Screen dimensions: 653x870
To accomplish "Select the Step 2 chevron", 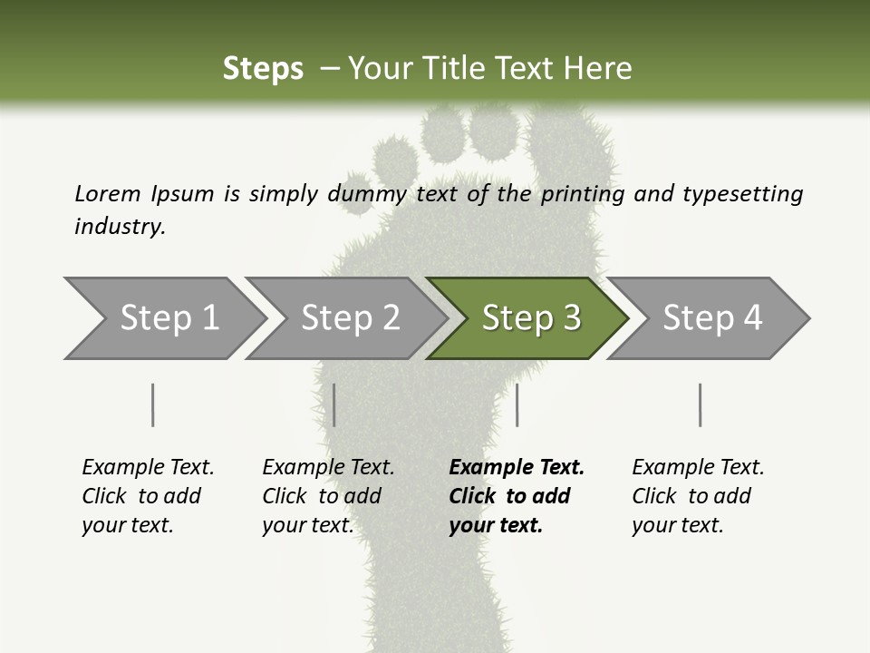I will pyautogui.click(x=349, y=318).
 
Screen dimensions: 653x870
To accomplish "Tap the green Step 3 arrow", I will pyautogui.click(x=530, y=318).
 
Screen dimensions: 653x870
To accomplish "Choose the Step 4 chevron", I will pyautogui.click(x=711, y=318).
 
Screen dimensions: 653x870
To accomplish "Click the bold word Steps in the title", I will pyautogui.click(x=263, y=68).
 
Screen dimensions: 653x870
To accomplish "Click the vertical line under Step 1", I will pyautogui.click(x=152, y=404).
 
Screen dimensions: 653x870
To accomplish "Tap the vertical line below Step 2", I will pyautogui.click(x=334, y=404).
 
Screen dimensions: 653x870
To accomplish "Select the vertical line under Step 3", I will pyautogui.click(x=517, y=404).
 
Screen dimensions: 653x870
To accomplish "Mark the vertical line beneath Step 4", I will pyautogui.click(x=700, y=404).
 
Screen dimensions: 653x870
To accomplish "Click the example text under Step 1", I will pyautogui.click(x=148, y=496).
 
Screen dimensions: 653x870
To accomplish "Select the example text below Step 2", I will pyautogui.click(x=328, y=496).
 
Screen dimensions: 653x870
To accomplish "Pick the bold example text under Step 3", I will pyautogui.click(x=517, y=496).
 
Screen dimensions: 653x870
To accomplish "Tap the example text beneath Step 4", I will pyautogui.click(x=698, y=496).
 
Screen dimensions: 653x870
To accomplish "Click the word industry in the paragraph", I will pyautogui.click(x=118, y=227).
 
